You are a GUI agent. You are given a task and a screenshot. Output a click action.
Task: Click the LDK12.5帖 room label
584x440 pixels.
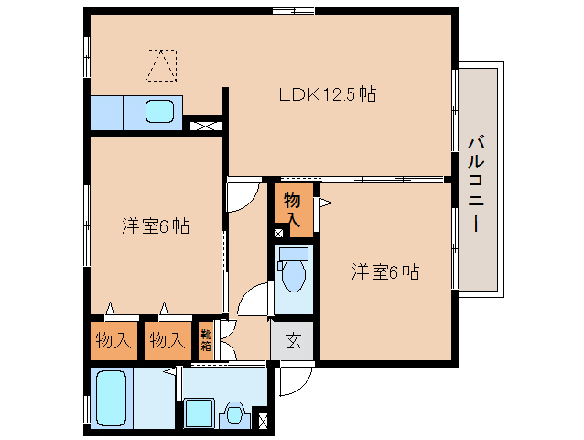(x=328, y=94)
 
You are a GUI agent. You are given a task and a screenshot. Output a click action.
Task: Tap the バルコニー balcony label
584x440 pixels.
(x=476, y=183)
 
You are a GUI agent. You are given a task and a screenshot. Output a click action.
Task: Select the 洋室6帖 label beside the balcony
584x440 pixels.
(x=385, y=272)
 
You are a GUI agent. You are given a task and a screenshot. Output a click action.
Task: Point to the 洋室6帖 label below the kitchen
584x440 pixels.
(x=156, y=226)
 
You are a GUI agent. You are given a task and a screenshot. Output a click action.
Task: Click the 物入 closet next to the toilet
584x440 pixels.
(x=293, y=206)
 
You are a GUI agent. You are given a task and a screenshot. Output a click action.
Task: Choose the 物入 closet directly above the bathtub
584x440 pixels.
(x=113, y=340)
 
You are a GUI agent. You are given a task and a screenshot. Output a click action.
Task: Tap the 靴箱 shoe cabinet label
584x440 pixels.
(x=207, y=340)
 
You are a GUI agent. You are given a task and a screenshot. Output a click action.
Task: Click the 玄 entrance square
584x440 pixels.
(x=293, y=341)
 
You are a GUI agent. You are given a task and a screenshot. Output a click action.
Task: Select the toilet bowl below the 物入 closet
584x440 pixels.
(x=294, y=272)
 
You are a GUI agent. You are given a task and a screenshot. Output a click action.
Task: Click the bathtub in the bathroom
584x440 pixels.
(x=112, y=398)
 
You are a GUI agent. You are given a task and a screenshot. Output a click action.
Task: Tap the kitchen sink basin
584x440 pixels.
(x=161, y=112)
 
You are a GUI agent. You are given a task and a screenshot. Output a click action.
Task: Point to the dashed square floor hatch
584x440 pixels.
(x=161, y=65)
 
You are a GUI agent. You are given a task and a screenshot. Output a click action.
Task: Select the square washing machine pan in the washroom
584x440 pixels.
(x=199, y=412)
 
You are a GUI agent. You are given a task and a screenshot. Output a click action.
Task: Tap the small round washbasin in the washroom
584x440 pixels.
(x=235, y=413)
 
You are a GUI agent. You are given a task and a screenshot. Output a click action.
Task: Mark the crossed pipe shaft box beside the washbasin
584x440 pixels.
(x=264, y=421)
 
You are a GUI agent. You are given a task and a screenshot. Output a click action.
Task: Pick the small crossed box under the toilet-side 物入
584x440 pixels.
(x=278, y=233)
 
